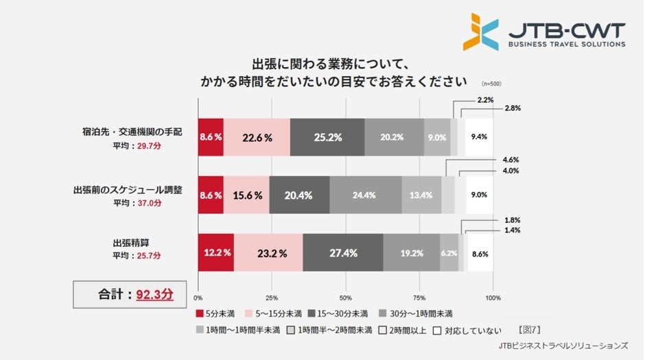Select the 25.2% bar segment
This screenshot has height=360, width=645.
pos(327,136)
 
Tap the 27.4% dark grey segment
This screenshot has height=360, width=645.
pos(342,252)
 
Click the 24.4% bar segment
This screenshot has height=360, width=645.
pos(365,195)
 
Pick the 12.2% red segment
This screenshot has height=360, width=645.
pos(215,252)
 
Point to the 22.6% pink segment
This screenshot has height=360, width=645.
pos(257,136)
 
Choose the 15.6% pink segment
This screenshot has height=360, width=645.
pos(246,195)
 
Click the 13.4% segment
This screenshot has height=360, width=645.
pos(421,195)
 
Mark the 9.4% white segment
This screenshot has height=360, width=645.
pos(479,136)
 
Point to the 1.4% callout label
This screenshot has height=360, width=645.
pos(511,230)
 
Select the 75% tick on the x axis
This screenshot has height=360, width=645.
pos(419,298)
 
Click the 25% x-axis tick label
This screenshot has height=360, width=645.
pos(272,298)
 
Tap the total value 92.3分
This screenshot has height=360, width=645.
pos(154,295)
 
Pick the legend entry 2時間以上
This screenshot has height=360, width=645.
pos(406,330)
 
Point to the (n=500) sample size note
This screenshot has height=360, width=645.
pos(491,84)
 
